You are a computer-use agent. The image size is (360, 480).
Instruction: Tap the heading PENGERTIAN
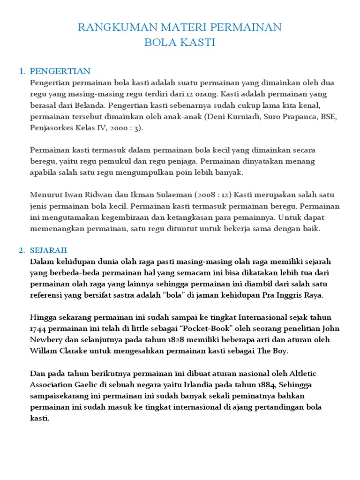60,71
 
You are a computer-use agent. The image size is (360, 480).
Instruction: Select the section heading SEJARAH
48,250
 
